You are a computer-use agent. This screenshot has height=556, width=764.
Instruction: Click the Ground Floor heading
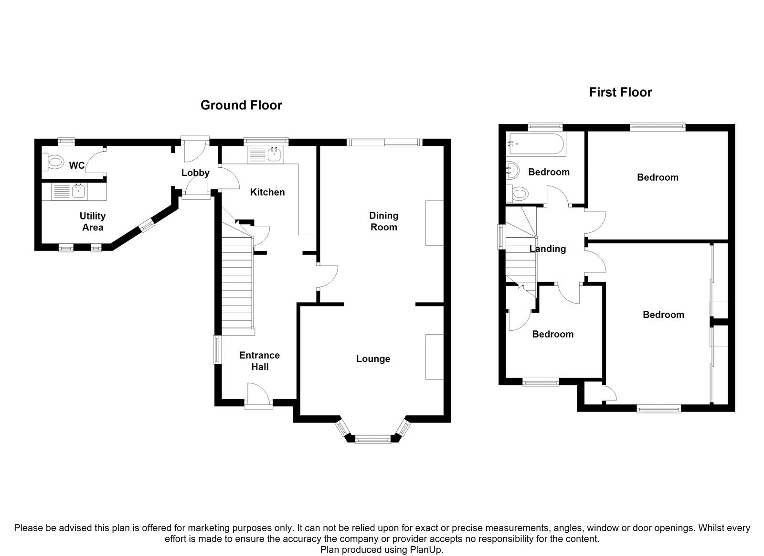click(241, 105)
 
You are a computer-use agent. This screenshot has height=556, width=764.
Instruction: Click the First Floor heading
click(620, 92)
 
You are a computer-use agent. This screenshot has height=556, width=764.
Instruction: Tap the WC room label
click(77, 166)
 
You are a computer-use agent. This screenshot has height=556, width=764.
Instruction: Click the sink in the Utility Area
click(78, 192)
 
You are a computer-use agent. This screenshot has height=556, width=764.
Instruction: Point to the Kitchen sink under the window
click(274, 154)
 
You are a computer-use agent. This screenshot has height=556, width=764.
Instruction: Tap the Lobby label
click(195, 173)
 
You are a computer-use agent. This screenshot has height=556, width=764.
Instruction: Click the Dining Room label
click(383, 221)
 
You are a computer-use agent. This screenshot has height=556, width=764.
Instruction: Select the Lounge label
click(373, 359)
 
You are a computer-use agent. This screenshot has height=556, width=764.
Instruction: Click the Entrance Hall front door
click(258, 396)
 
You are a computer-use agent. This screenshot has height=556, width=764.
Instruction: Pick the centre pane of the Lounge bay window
click(372, 439)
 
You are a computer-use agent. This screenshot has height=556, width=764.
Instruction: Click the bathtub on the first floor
click(536, 143)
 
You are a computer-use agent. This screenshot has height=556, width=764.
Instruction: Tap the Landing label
click(547, 249)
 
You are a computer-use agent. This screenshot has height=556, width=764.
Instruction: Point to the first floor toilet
click(520, 194)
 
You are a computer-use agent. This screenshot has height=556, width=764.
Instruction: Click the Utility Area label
click(93, 222)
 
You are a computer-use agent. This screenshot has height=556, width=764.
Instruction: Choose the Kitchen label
click(267, 192)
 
